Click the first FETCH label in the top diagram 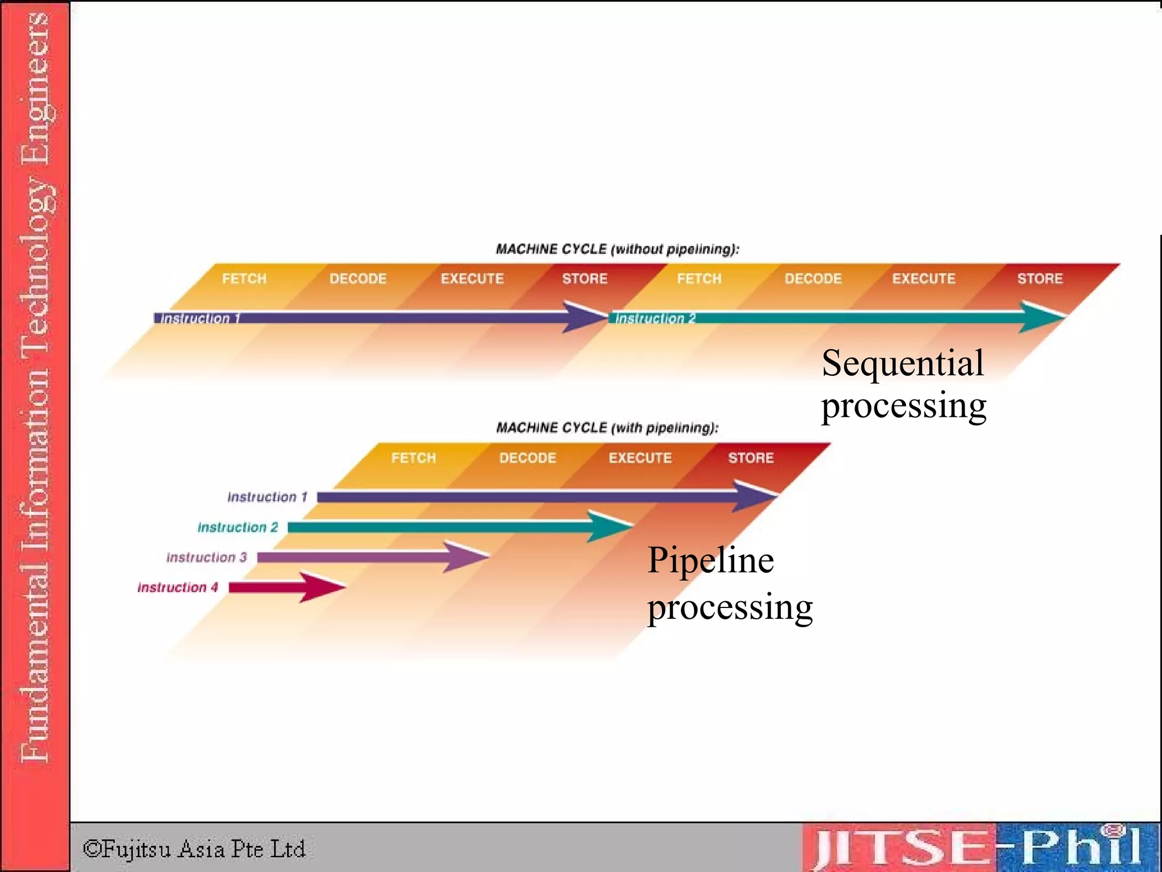[x=244, y=279]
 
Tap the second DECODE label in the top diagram [x=813, y=279]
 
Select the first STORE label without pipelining [x=584, y=279]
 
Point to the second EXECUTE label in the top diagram [x=924, y=279]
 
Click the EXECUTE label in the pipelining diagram [x=640, y=458]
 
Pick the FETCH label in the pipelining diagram [x=414, y=458]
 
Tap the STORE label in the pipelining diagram [x=751, y=458]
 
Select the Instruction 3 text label [x=207, y=557]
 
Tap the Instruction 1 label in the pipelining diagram [x=267, y=497]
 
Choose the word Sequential [x=902, y=363]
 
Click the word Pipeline [x=710, y=561]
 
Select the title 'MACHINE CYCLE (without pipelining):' [x=617, y=249]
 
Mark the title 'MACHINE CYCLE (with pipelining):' [x=607, y=427]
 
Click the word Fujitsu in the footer [x=136, y=849]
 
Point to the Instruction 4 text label [x=178, y=588]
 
